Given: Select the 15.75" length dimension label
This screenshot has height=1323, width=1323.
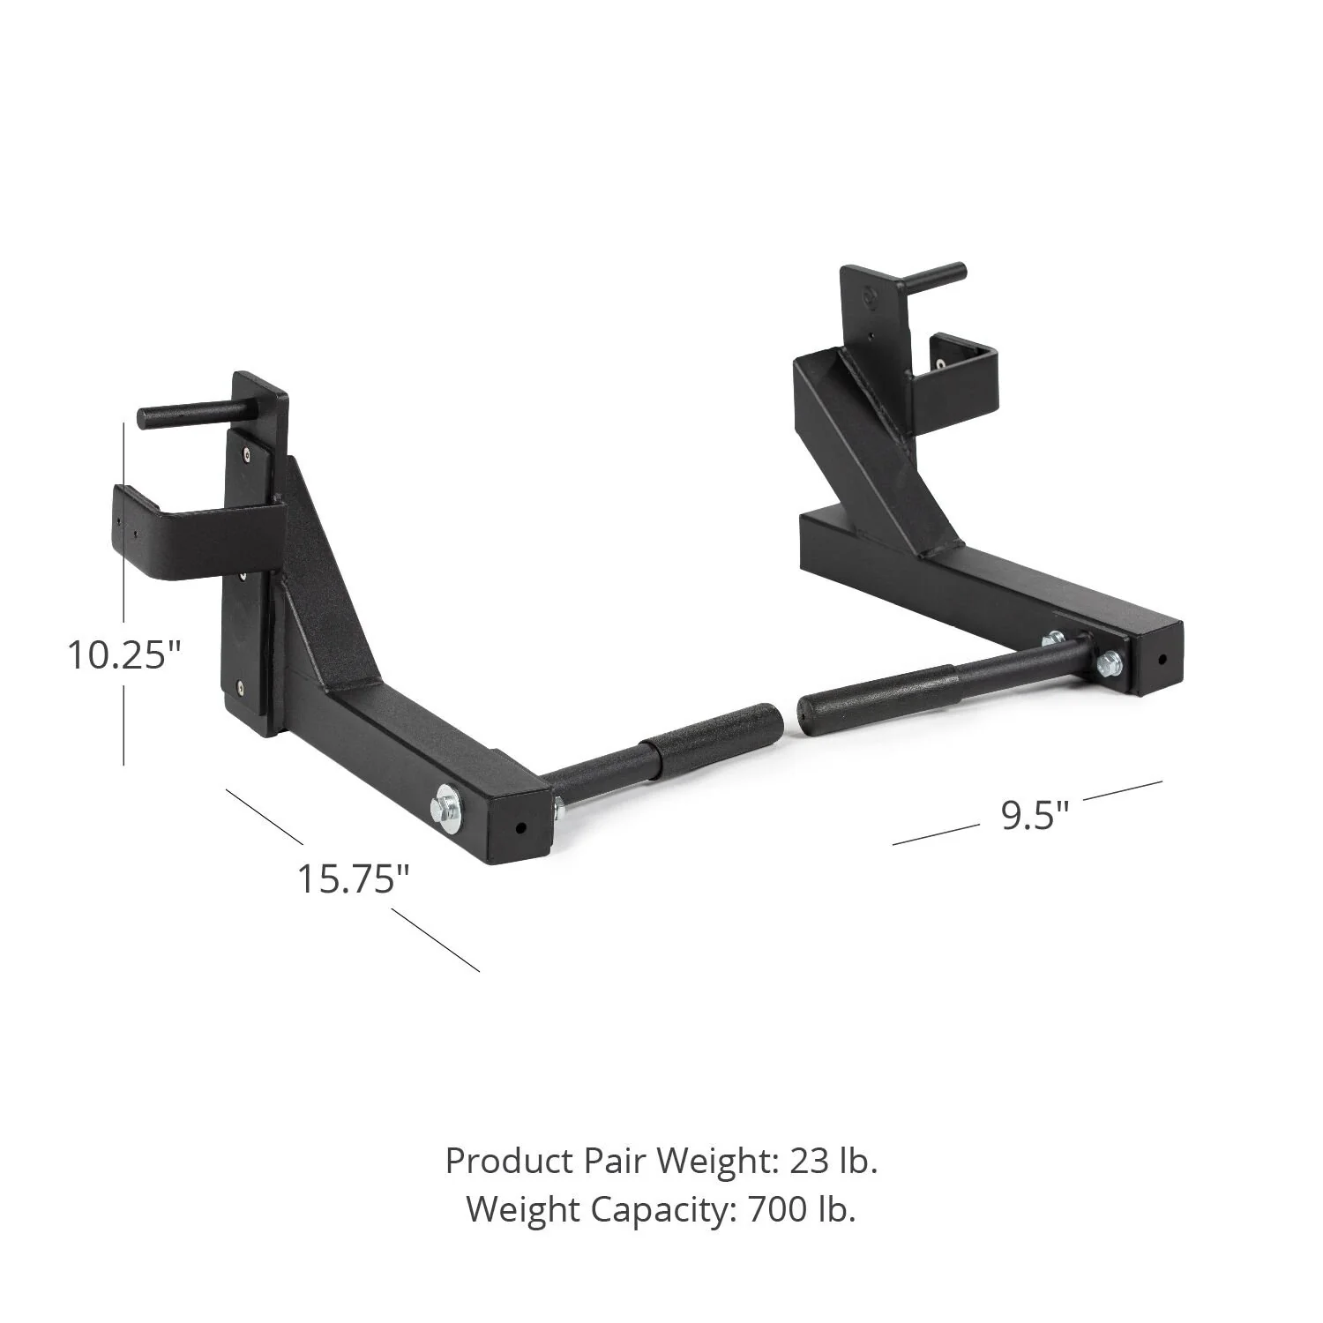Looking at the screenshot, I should coord(353,879).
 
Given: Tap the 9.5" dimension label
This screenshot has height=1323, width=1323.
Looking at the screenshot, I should coord(1034,816).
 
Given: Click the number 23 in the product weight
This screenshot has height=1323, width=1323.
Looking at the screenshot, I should coord(809,1162).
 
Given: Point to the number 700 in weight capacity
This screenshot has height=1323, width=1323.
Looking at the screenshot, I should coord(776,1209).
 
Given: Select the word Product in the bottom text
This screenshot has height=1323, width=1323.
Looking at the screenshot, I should coord(509,1162).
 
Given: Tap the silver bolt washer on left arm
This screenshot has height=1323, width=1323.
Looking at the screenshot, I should coord(445,809).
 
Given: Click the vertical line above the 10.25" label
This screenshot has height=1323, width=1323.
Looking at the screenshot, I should coord(123,520).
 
